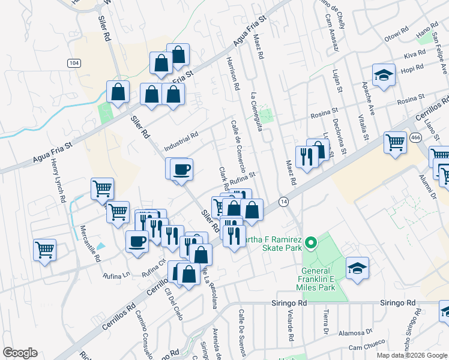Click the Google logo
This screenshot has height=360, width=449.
[20, 353]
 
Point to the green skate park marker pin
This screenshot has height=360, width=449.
[310, 243]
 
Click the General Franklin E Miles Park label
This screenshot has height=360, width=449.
[318, 274]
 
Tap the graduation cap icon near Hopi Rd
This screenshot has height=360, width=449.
[384, 75]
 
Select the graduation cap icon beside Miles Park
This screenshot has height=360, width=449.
[357, 267]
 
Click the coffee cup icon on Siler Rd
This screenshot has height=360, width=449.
[182, 169]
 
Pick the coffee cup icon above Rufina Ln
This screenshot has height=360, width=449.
[137, 241]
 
